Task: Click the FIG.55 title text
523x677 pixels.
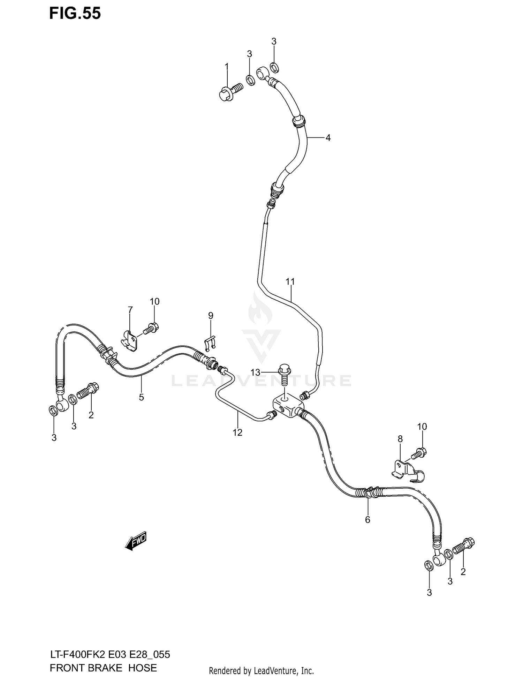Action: [x=75, y=13]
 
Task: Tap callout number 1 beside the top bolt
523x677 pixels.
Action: [x=227, y=67]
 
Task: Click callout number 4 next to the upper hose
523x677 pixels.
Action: [x=328, y=138]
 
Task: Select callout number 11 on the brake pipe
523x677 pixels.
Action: [x=290, y=281]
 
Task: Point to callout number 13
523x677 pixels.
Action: [x=255, y=373]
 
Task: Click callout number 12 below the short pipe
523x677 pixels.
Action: [x=237, y=432]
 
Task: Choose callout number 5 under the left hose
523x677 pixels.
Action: [x=141, y=397]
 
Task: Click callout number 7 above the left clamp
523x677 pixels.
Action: [x=130, y=310]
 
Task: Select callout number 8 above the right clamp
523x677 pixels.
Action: [x=400, y=439]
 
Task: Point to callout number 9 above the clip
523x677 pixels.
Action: [x=211, y=316]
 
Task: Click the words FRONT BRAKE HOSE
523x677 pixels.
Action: [x=103, y=668]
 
